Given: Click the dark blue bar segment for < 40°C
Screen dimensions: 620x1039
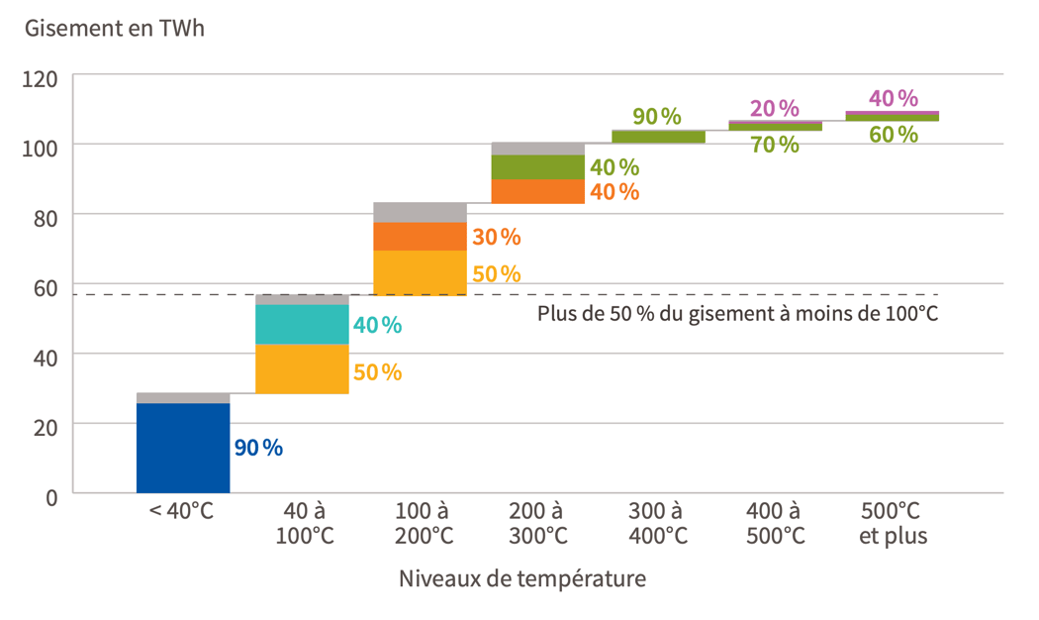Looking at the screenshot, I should coord(183,448).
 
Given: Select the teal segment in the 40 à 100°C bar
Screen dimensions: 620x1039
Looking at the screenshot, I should coord(302,324).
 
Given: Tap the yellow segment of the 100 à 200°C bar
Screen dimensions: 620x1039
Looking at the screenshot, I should coord(420,272).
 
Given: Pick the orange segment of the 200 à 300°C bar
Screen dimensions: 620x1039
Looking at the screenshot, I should coord(537,191).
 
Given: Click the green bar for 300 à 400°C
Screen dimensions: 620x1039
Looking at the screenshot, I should coord(658,137).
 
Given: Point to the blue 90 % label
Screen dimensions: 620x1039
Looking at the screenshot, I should coord(258,448).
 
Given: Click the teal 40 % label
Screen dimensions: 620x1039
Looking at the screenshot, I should coord(377,324).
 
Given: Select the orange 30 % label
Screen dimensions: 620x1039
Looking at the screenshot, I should coord(496,237).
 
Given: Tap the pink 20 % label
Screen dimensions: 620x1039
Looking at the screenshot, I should coord(774,108).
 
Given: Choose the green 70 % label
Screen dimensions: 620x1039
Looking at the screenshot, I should coord(774,145).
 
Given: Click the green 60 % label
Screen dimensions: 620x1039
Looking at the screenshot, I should coord(893,134).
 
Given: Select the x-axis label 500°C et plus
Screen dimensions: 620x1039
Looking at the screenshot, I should coord(893,523).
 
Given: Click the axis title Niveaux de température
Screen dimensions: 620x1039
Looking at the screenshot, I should coord(522,578).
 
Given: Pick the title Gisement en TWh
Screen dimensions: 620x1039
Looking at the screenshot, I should coord(115,27).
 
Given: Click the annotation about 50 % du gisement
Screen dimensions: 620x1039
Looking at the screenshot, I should coord(737,314).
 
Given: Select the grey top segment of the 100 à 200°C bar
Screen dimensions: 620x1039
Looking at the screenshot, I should coord(420,212).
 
